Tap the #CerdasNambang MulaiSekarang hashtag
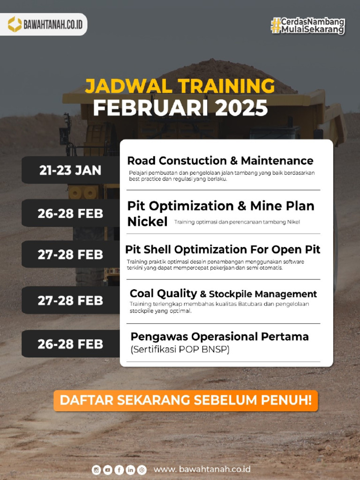point(308,25)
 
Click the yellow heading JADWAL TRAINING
point(180,86)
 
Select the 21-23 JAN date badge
point(70,170)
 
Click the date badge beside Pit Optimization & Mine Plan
point(70,213)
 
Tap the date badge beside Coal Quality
point(70,300)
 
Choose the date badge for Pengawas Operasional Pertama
point(70,344)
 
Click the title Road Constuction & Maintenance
point(220,161)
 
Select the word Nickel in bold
point(147,222)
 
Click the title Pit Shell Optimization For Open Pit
point(223,249)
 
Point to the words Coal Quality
point(163,293)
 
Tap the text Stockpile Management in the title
point(262,294)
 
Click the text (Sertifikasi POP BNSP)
point(180,350)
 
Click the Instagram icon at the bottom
point(97,470)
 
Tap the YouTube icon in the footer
point(108,470)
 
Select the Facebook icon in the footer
point(119,470)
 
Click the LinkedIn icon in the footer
point(130,470)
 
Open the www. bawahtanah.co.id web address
point(202,469)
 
